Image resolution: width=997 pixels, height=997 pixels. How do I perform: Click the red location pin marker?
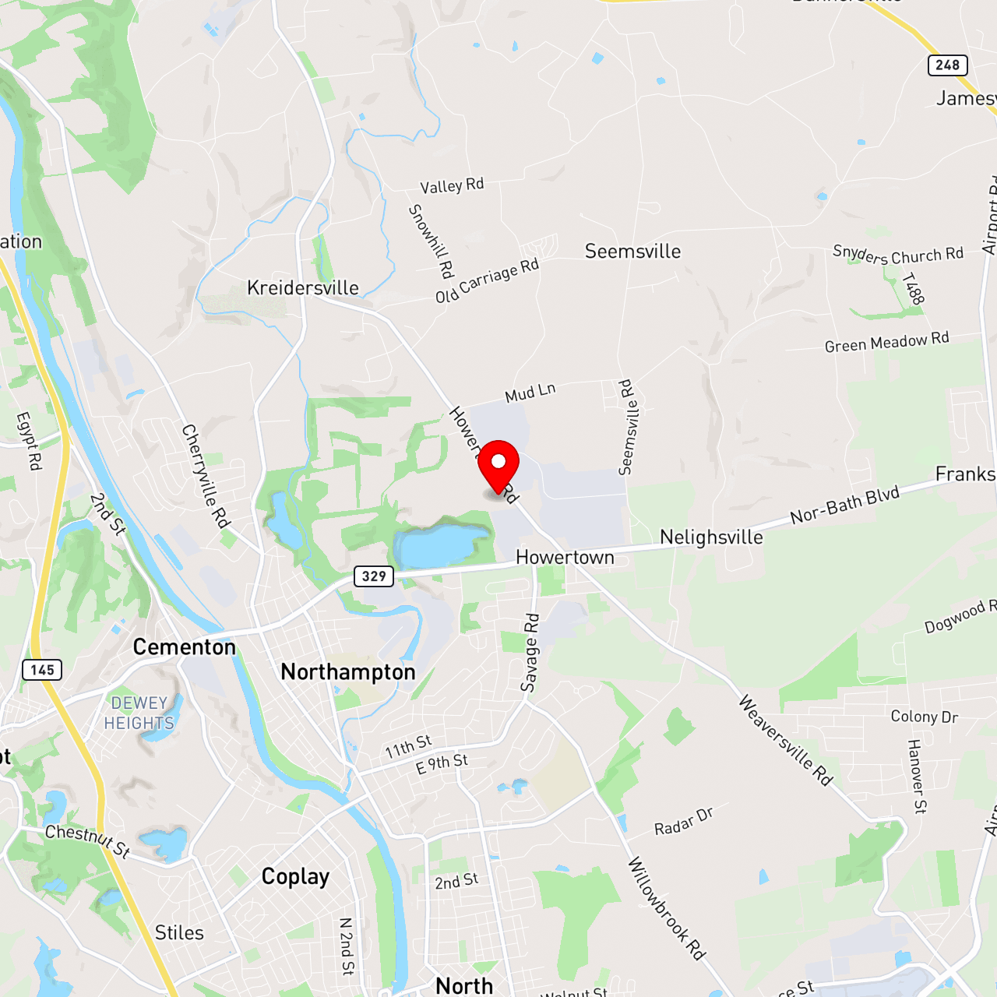click(498, 465)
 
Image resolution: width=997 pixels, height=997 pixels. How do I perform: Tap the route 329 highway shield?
click(374, 576)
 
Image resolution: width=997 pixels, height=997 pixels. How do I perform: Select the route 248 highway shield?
click(947, 65)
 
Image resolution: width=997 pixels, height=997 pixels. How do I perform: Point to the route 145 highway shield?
click(42, 670)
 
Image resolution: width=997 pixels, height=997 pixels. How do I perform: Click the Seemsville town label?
click(632, 252)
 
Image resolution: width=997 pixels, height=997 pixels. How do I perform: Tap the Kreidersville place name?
click(303, 288)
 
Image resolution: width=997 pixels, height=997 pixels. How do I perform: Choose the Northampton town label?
click(348, 672)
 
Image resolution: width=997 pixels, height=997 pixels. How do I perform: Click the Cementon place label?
click(184, 647)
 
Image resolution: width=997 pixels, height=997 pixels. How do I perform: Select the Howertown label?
click(565, 558)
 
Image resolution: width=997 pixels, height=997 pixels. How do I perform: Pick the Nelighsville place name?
click(711, 537)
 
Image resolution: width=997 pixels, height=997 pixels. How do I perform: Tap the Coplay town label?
click(295, 877)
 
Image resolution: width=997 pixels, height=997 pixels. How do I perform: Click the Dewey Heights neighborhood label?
click(139, 713)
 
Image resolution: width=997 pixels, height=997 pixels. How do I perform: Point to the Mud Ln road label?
click(530, 393)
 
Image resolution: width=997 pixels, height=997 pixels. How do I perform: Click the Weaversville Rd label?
click(785, 740)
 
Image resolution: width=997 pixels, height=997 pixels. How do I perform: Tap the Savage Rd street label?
click(530, 653)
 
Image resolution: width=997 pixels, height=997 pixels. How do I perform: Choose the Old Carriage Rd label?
click(487, 280)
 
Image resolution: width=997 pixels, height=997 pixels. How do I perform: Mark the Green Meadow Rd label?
click(886, 342)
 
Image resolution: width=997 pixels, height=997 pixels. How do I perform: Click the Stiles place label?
click(179, 933)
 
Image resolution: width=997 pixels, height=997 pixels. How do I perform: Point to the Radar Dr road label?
click(683, 822)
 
